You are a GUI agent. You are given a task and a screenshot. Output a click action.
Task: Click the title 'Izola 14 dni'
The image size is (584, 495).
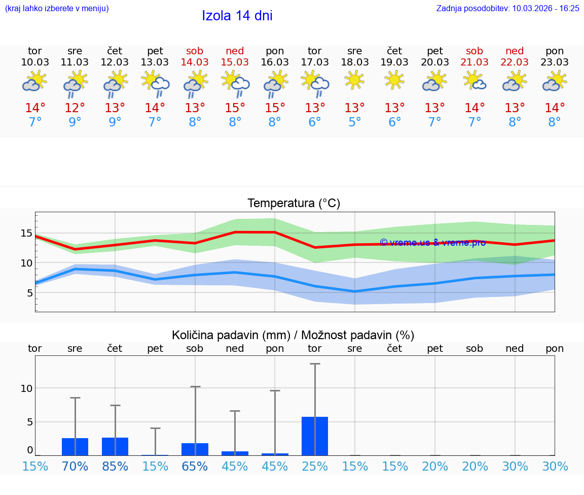pyautogui.click(x=237, y=16)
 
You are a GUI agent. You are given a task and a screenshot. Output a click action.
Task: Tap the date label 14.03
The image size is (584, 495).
pyautogui.click(x=195, y=62)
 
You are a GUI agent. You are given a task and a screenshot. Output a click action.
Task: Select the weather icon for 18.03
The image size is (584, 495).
pyautogui.click(x=354, y=81)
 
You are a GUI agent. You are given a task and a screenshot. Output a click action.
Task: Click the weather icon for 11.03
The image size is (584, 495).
pyautogui.click(x=75, y=84)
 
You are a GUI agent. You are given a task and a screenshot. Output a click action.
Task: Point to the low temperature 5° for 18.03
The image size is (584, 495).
pyautogui.click(x=354, y=122)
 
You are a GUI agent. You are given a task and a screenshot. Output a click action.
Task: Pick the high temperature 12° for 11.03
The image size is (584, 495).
pyautogui.click(x=75, y=108)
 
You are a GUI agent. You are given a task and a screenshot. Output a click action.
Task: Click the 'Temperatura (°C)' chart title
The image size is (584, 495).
pyautogui.click(x=294, y=203)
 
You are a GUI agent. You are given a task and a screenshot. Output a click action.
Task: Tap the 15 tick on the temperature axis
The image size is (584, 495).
pyautogui.click(x=26, y=233)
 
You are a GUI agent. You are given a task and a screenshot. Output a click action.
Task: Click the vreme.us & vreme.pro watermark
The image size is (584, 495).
pyautogui.click(x=432, y=242)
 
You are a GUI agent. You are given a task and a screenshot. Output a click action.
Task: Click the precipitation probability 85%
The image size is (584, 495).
pyautogui.click(x=115, y=466)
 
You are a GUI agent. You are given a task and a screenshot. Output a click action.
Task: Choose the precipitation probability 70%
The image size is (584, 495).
pyautogui.click(x=75, y=466)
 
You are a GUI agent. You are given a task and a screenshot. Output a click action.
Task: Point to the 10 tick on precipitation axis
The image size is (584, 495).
pyautogui.click(x=26, y=388)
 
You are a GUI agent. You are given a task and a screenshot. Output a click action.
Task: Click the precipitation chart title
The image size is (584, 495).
pyautogui.click(x=293, y=335)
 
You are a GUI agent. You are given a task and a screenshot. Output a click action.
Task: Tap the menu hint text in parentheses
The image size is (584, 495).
pyautogui.click(x=57, y=8)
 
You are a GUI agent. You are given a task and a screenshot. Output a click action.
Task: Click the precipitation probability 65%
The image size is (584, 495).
pyautogui.click(x=195, y=466)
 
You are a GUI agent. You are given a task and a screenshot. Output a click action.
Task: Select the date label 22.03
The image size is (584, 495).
pyautogui.click(x=515, y=62)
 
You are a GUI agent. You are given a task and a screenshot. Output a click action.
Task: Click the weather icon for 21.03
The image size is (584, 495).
pyautogui.click(x=474, y=81)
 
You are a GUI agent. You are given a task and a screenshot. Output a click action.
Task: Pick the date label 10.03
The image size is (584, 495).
pyautogui.click(x=35, y=62)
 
